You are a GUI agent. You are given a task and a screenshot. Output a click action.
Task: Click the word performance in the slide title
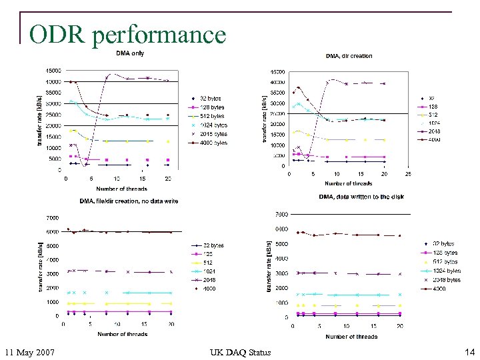[x=159, y=35]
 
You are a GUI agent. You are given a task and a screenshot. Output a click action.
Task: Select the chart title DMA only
[x=130, y=53]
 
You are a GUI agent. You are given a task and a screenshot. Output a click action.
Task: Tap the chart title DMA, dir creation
[x=349, y=56]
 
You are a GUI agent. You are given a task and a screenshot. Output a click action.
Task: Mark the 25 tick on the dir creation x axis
[x=408, y=174]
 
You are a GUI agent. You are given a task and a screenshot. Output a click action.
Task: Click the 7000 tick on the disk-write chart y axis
[x=281, y=215]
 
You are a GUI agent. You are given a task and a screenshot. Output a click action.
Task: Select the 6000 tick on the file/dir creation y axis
[x=52, y=231]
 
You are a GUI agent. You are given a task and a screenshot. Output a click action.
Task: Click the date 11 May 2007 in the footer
[x=29, y=352]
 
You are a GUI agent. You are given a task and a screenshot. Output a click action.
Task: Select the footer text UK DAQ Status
[x=240, y=352]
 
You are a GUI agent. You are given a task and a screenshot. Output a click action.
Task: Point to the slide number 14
[x=468, y=352]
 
